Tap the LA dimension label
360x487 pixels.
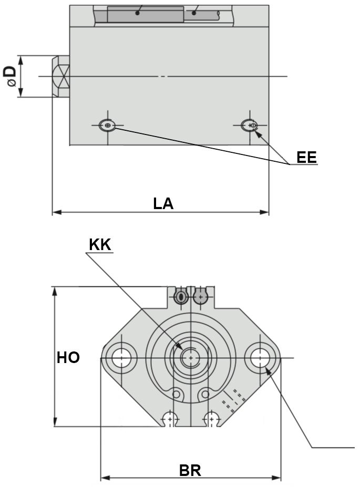[x=163, y=203]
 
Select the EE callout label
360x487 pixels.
[x=306, y=157]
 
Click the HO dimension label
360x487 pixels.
[x=68, y=358]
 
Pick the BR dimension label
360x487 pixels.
[x=190, y=470]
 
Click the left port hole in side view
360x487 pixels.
[x=108, y=126]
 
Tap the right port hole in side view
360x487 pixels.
[x=250, y=126]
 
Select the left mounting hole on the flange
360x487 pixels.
[x=121, y=358]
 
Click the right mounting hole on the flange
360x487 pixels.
[x=260, y=358]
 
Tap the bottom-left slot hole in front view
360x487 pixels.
[x=170, y=419]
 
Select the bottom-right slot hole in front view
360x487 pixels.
[x=211, y=419]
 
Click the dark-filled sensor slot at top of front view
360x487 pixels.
[x=180, y=297]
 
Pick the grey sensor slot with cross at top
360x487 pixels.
[x=200, y=297]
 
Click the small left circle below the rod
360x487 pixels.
[x=177, y=393]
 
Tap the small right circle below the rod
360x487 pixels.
[x=204, y=393]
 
